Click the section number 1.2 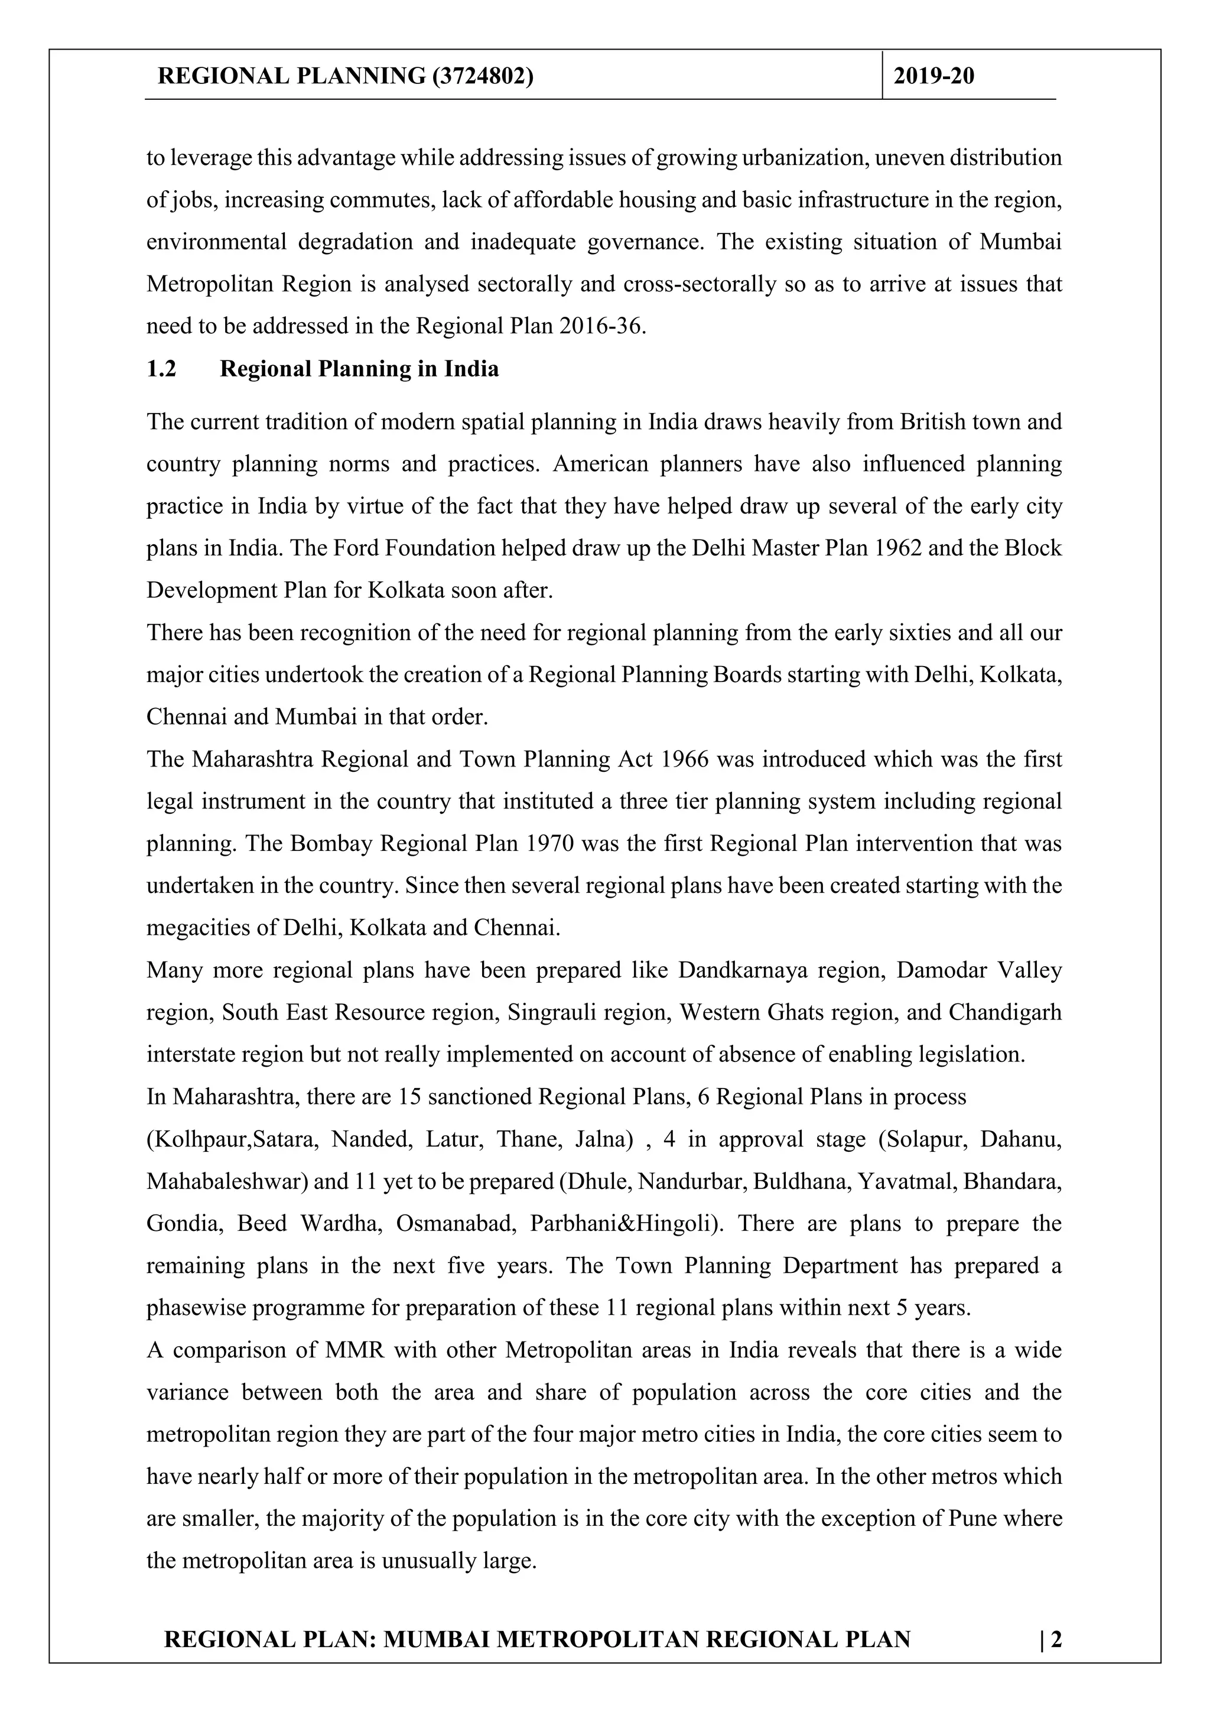click(x=161, y=369)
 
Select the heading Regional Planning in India click(x=359, y=369)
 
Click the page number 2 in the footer click(x=1056, y=1639)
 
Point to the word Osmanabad click(x=455, y=1224)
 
